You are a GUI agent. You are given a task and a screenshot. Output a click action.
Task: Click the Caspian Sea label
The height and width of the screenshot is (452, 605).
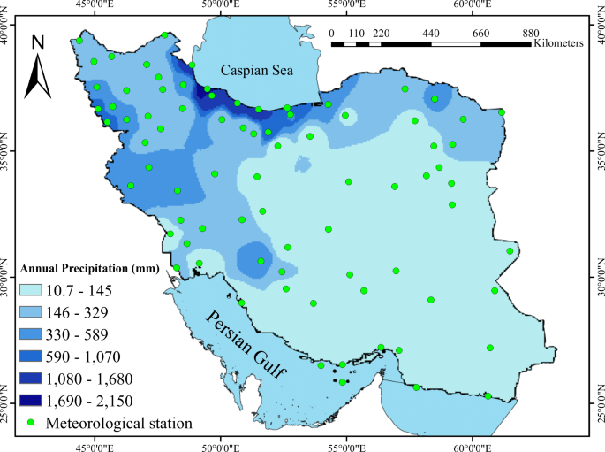(256, 70)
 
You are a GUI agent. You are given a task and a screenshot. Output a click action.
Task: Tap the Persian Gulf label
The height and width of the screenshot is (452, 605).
(248, 345)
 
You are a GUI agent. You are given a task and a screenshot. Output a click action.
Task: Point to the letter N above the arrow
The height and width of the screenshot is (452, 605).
(38, 42)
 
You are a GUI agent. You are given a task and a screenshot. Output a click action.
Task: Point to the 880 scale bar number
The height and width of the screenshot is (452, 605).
(531, 32)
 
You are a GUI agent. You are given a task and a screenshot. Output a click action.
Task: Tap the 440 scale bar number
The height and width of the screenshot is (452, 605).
(431, 32)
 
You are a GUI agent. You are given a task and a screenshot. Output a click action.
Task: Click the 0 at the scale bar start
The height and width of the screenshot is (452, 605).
(331, 32)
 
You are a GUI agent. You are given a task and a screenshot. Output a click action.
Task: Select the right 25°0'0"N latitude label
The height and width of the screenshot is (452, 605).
(598, 417)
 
